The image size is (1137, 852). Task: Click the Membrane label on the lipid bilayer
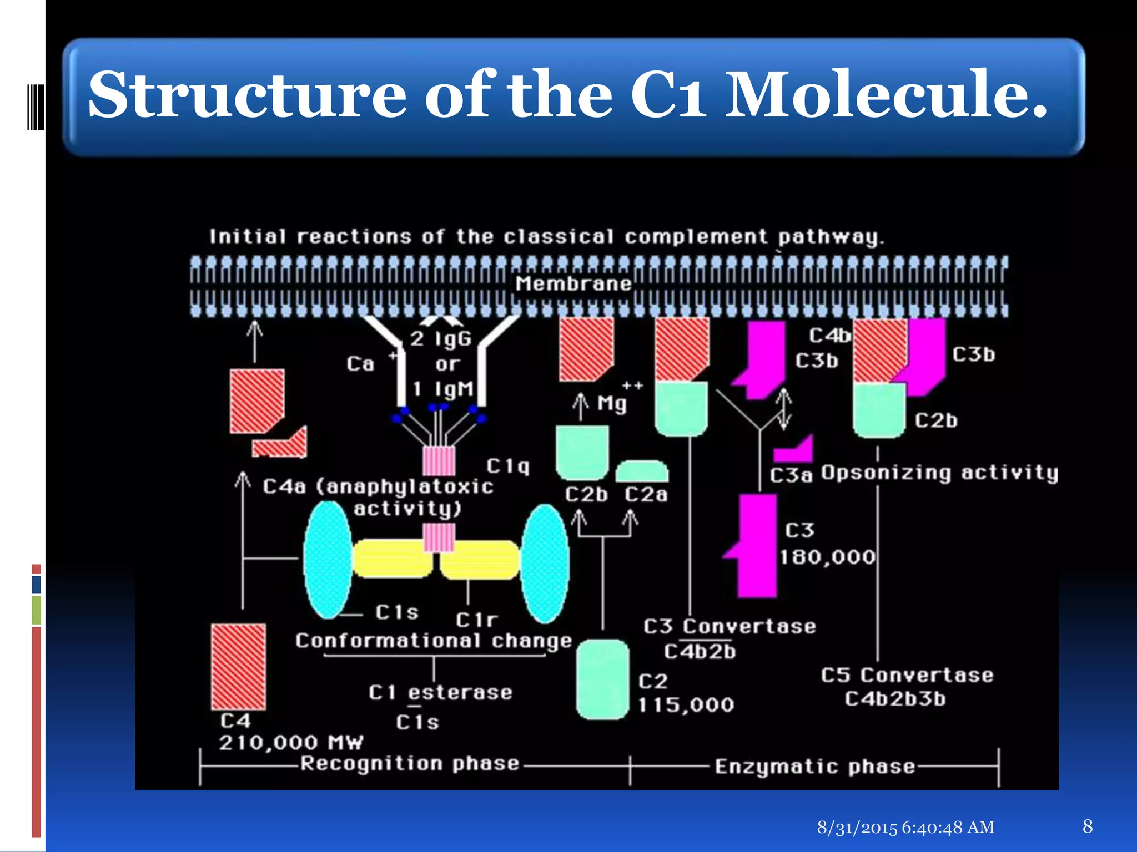(573, 284)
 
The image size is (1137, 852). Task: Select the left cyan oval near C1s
(328, 560)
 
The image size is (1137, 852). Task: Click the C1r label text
(476, 620)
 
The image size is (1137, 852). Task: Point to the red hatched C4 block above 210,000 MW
(238, 666)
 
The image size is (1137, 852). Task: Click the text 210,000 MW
(291, 742)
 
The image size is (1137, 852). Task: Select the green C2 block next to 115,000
(602, 679)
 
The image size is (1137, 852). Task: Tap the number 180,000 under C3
(827, 557)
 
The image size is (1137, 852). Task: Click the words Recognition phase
(410, 764)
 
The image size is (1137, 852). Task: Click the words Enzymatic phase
(814, 767)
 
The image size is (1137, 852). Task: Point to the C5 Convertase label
(907, 675)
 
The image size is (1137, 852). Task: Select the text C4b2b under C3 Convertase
(700, 651)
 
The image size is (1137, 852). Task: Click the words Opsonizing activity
(939, 473)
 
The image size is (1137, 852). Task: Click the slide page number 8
(1088, 826)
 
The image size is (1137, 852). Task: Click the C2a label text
(646, 494)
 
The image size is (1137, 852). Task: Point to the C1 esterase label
(440, 692)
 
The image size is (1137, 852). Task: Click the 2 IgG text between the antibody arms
(441, 338)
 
